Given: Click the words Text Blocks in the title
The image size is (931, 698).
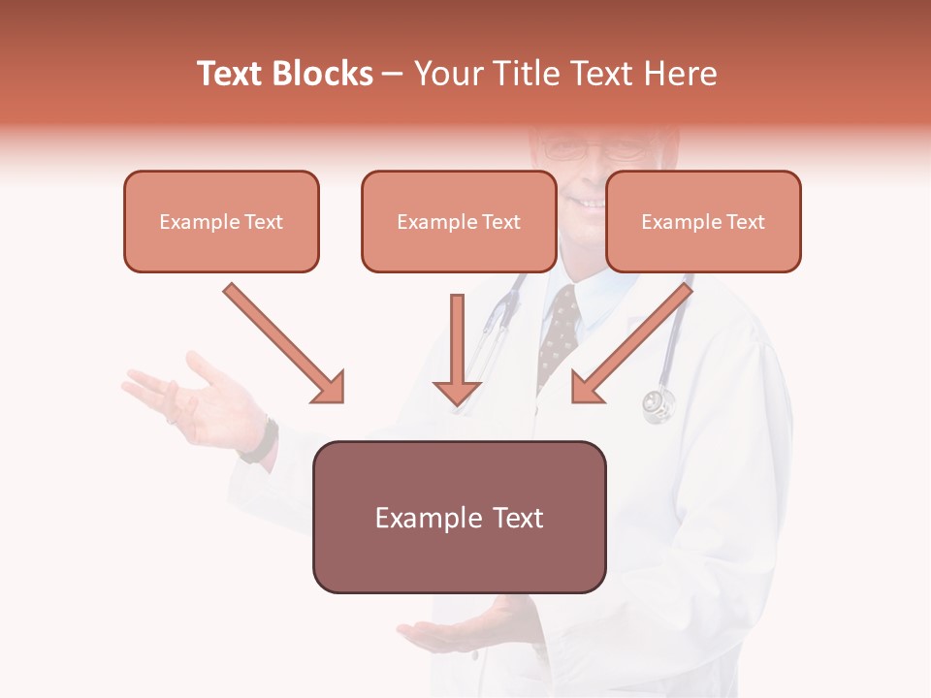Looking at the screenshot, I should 284,74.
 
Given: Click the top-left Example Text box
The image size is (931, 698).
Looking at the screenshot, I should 221,222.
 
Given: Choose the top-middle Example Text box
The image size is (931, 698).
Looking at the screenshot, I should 459,222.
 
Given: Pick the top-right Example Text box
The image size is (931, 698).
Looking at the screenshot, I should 703,222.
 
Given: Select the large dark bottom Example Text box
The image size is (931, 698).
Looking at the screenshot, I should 459,518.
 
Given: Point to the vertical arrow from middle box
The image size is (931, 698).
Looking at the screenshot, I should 457,344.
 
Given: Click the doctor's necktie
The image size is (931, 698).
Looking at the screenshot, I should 559,334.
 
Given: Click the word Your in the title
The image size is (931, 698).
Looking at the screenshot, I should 449,74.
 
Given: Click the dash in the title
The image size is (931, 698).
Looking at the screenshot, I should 393,74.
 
